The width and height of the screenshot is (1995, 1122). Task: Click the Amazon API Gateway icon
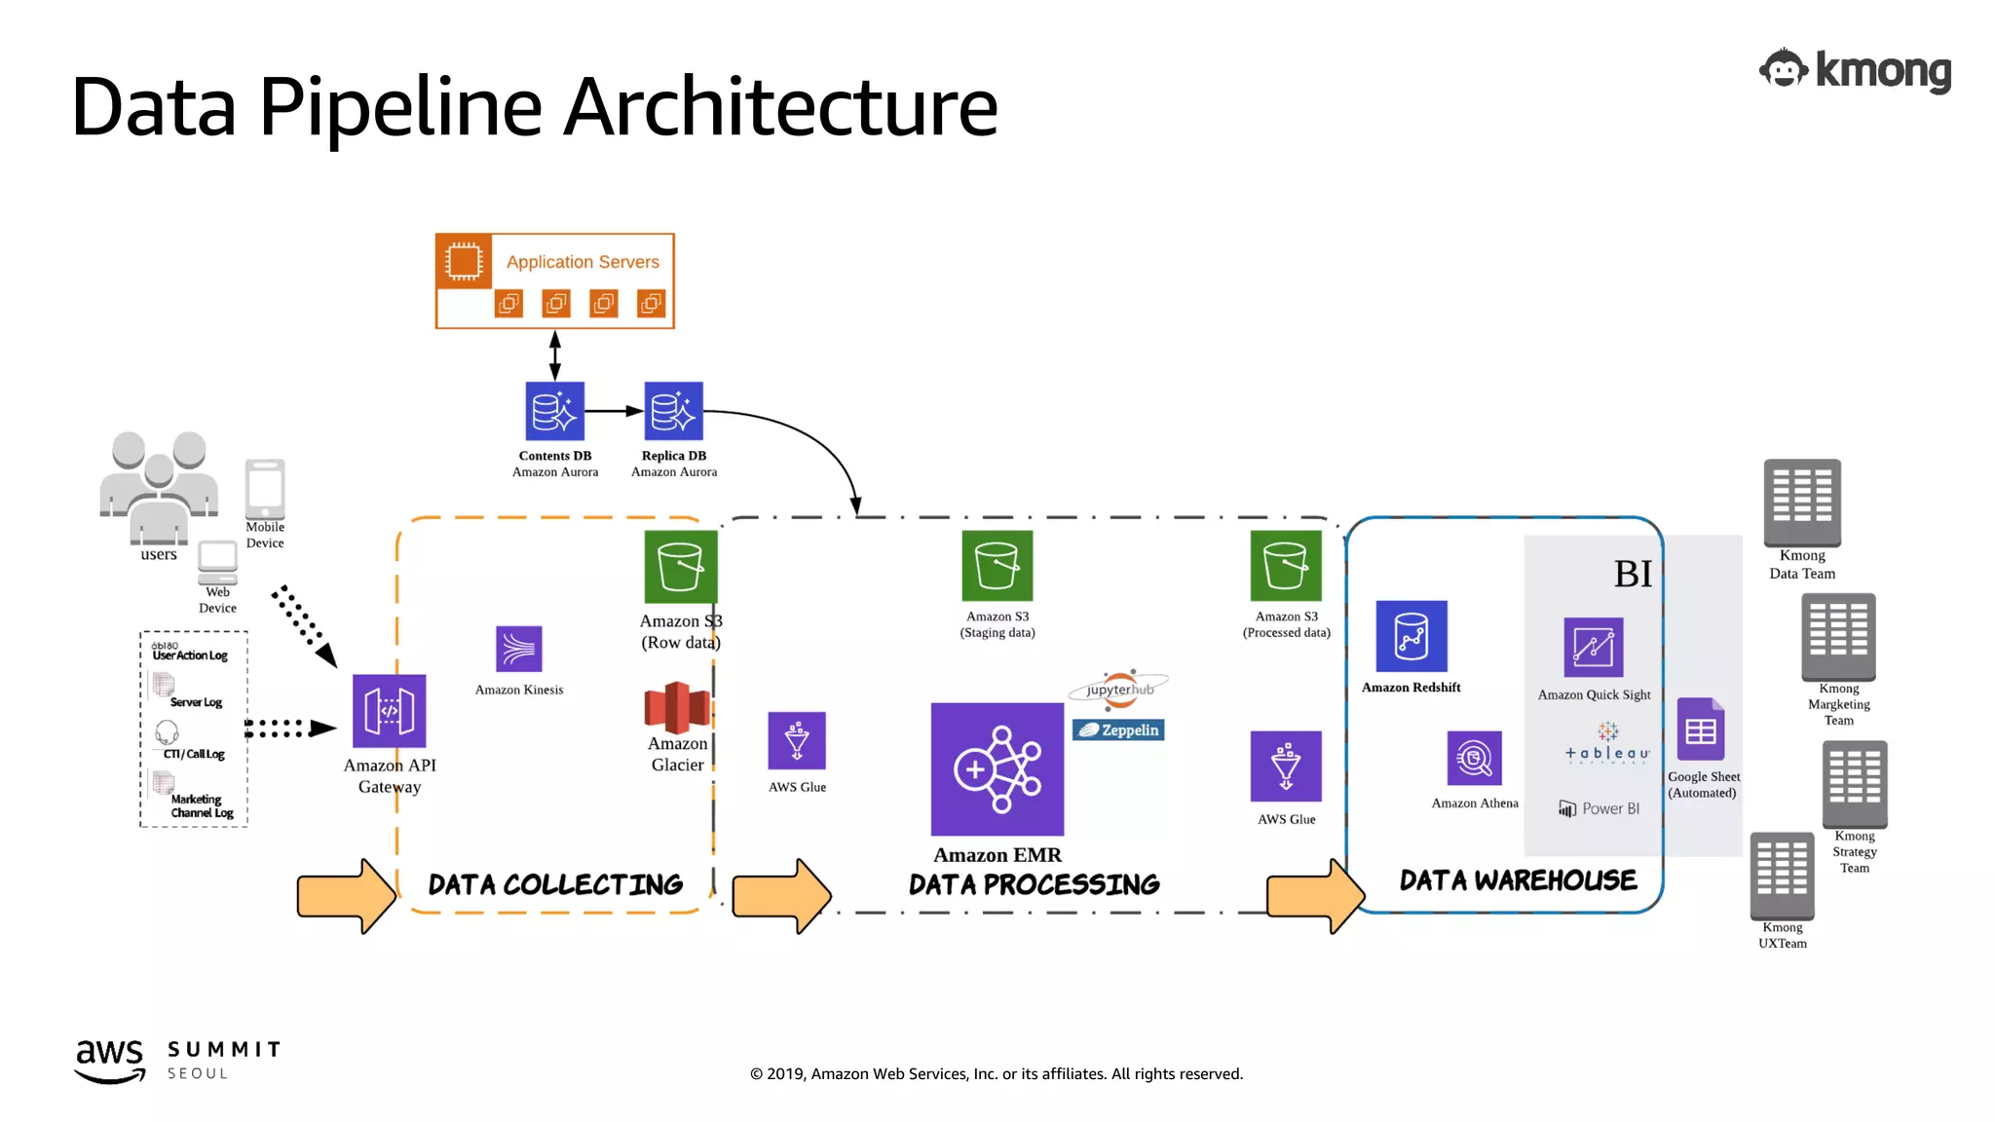pyautogui.click(x=389, y=711)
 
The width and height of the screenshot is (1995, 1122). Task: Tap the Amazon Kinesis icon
pyautogui.click(x=518, y=649)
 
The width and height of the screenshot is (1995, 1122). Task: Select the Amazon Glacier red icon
pyautogui.click(x=677, y=708)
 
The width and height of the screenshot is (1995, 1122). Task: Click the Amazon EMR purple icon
pyautogui.click(x=997, y=769)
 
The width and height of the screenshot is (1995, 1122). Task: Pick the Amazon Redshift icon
pyautogui.click(x=1411, y=636)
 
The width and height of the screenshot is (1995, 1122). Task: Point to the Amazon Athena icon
pyautogui.click(x=1474, y=758)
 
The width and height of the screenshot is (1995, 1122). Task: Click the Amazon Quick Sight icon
pyautogui.click(x=1593, y=648)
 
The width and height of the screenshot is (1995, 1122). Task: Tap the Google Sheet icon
pyautogui.click(x=1700, y=729)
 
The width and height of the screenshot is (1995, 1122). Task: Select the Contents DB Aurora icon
pyautogui.click(x=554, y=411)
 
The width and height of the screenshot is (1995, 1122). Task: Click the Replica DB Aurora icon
pyautogui.click(x=673, y=411)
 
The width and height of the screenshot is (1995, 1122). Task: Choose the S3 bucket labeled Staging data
pyautogui.click(x=997, y=565)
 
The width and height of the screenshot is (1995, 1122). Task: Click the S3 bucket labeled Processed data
pyautogui.click(x=1286, y=565)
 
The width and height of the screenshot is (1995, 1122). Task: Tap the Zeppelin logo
pyautogui.click(x=1118, y=729)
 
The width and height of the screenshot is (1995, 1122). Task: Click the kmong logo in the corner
pyautogui.click(x=1855, y=70)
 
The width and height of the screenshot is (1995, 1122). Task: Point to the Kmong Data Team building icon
pyautogui.click(x=1801, y=503)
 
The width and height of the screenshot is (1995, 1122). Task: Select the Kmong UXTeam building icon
pyautogui.click(x=1782, y=875)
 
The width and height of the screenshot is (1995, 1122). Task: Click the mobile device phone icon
pyautogui.click(x=265, y=489)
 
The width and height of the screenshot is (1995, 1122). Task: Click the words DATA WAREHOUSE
pyautogui.click(x=1518, y=880)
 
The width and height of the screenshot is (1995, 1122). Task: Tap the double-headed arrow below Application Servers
pyautogui.click(x=554, y=355)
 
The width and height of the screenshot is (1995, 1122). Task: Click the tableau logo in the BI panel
pyautogui.click(x=1606, y=745)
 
